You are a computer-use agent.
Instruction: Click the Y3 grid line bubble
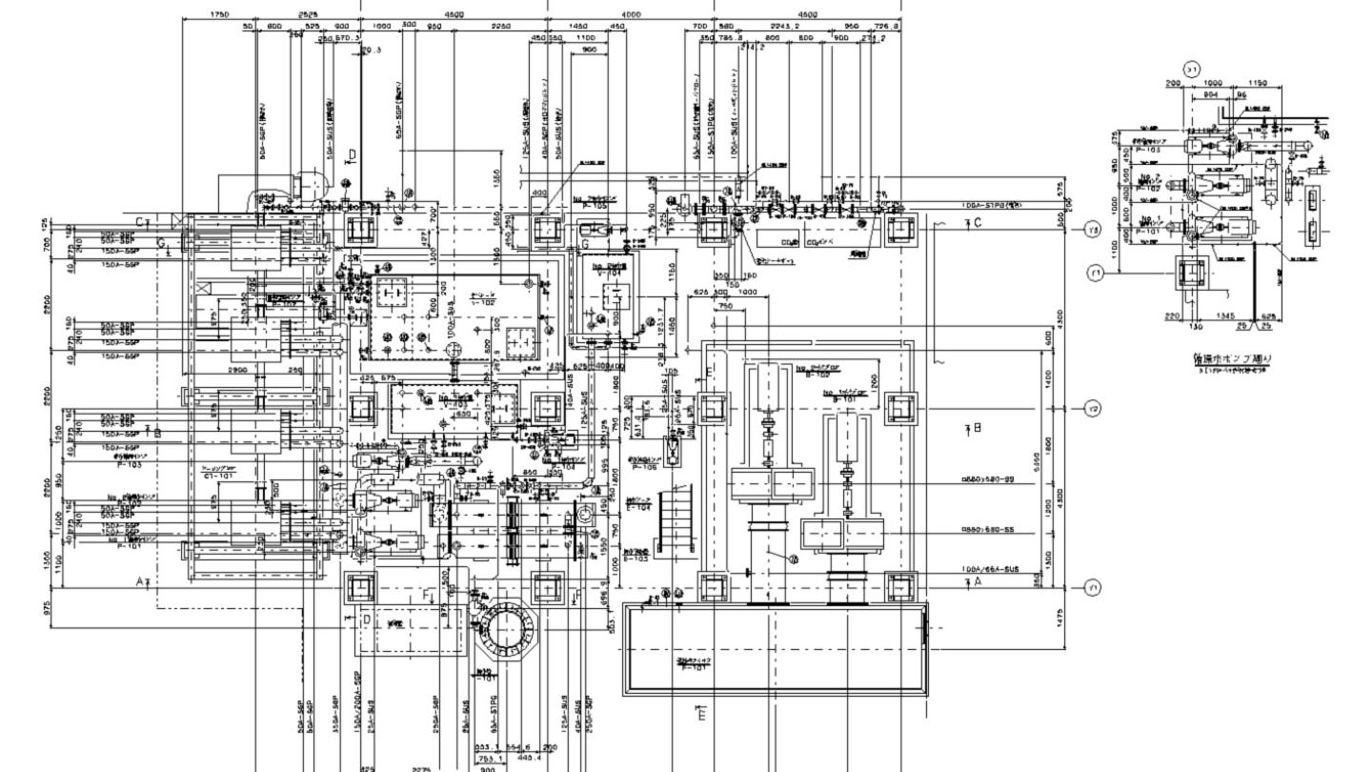point(1093,230)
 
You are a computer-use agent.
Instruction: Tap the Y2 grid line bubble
point(1093,409)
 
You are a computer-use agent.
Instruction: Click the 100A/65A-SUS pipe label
point(991,569)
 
